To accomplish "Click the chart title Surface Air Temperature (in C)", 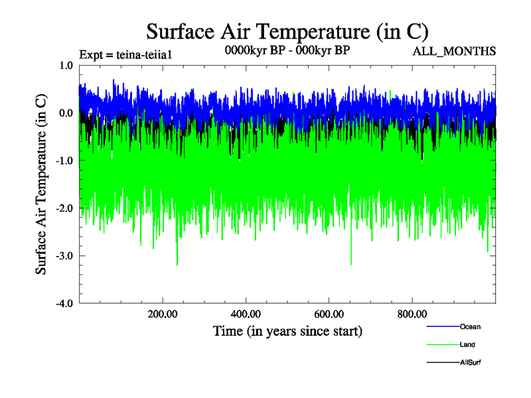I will [x=287, y=31].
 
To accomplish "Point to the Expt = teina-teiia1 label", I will [x=126, y=54].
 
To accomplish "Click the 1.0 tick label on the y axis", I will [x=66, y=66].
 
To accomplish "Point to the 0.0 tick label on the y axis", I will [x=66, y=113].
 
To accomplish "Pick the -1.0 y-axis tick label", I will [x=64, y=161].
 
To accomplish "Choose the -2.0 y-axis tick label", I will [x=64, y=209].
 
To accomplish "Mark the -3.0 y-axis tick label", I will [x=64, y=256].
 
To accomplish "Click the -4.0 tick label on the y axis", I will [x=64, y=304].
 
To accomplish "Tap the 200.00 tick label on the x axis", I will [x=162, y=314].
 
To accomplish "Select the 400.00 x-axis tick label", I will [x=246, y=314].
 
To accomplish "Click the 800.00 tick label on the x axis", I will [x=412, y=314].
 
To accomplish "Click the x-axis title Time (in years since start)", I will [x=287, y=330].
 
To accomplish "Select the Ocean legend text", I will [x=470, y=326].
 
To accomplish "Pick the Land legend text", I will [x=467, y=344].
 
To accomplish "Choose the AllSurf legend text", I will [x=470, y=362].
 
